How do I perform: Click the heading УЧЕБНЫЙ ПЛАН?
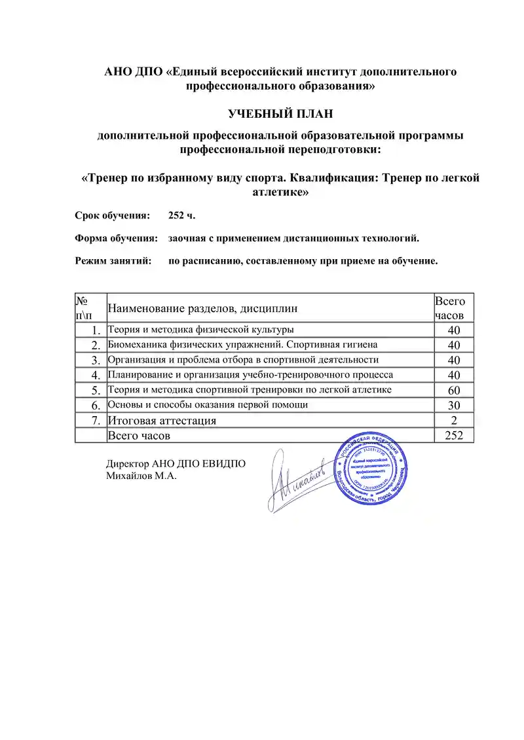click(x=280, y=114)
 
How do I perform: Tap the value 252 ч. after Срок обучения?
click(x=181, y=215)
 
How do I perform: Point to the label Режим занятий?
click(x=113, y=261)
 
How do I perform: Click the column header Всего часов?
click(x=450, y=308)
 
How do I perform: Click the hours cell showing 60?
click(x=454, y=391)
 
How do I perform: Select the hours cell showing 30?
click(x=454, y=406)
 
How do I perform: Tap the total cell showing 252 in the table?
click(x=454, y=435)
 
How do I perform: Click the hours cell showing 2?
click(x=454, y=420)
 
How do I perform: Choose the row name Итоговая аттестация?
click(x=162, y=420)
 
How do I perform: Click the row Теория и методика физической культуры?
click(x=200, y=329)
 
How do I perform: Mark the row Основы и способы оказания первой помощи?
click(x=208, y=405)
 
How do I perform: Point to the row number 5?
click(x=96, y=391)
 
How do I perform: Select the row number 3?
click(x=96, y=360)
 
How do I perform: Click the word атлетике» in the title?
click(x=280, y=193)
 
